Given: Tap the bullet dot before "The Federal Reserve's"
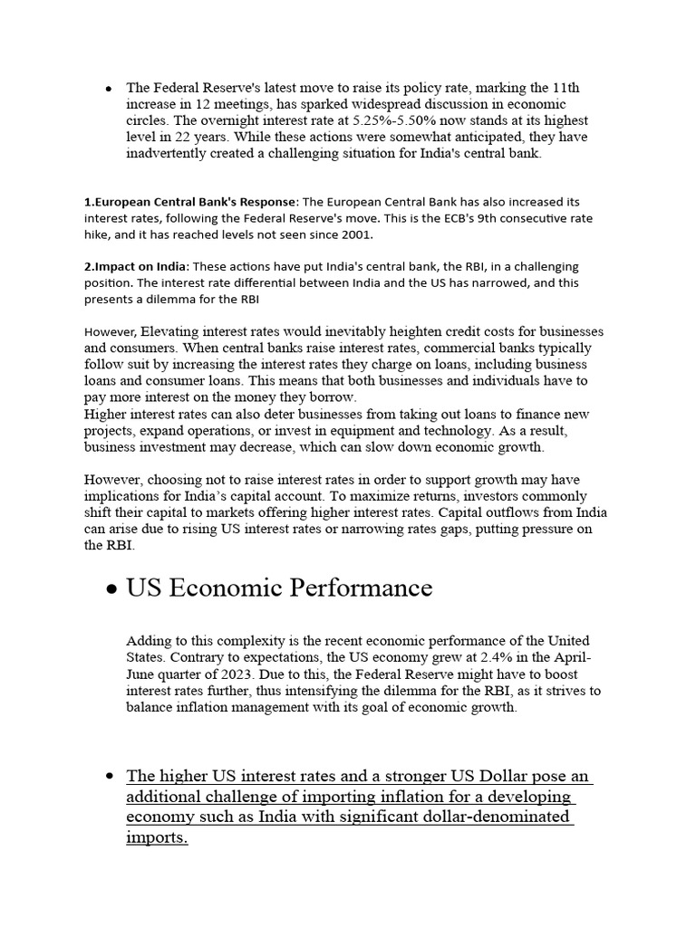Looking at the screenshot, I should pyautogui.click(x=109, y=89).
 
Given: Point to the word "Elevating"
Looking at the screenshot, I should pyautogui.click(x=172, y=331).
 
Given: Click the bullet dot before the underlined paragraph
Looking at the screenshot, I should pyautogui.click(x=109, y=777).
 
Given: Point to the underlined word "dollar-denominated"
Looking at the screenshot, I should pyautogui.click(x=492, y=817).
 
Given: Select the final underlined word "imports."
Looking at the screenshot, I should pyautogui.click(x=157, y=837).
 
